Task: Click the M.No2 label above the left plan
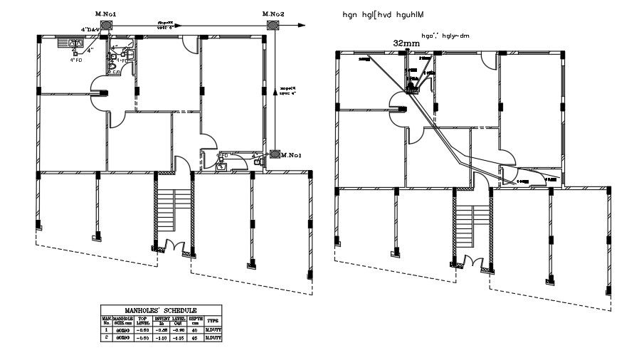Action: coord(273,14)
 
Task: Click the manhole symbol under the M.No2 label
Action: coord(273,25)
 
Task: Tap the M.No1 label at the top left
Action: coord(106,14)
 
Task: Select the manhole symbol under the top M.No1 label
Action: coord(106,25)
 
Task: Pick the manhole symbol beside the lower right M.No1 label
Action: coord(274,154)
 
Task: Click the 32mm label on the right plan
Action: coord(406,43)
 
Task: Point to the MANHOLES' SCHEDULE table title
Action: coord(162,310)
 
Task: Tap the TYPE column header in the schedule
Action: coord(213,320)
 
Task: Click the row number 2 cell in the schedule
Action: coord(105,337)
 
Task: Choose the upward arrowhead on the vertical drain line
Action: coord(274,90)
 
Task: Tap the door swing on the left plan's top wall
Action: coord(190,44)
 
